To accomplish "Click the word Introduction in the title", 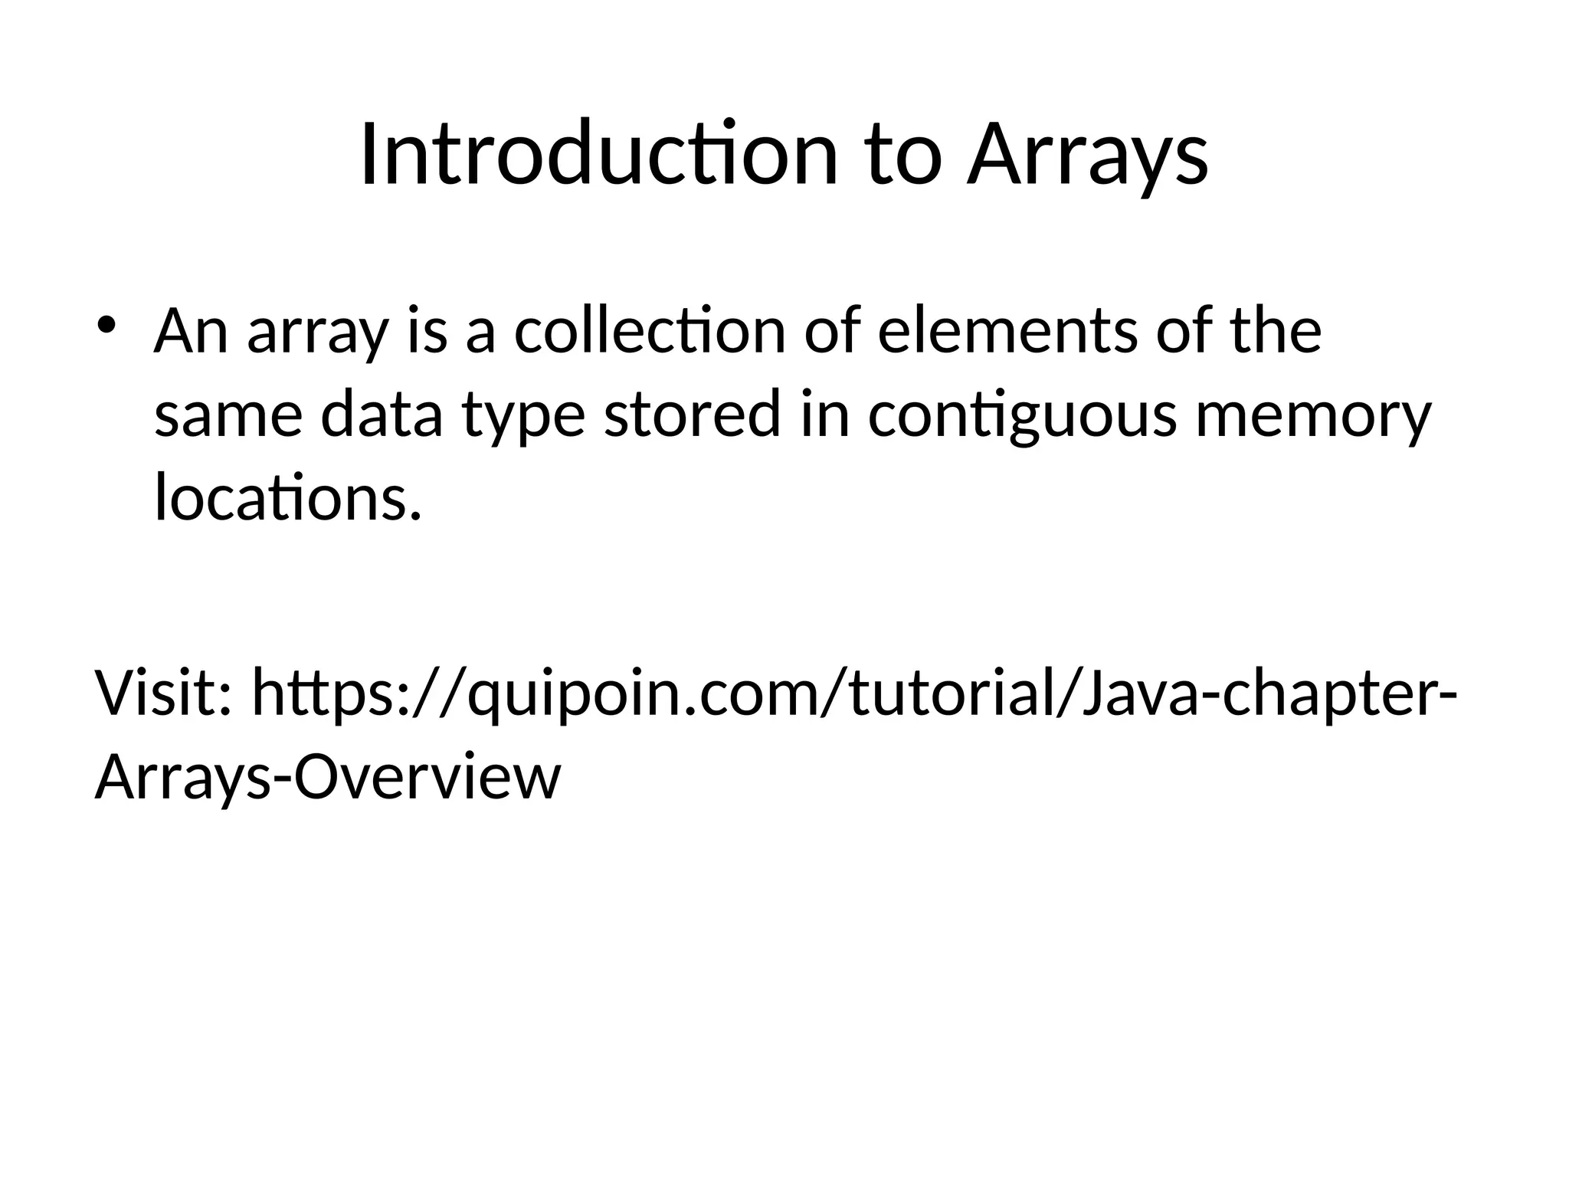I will click(598, 155).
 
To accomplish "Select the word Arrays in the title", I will click(1087, 155).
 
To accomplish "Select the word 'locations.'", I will click(288, 498).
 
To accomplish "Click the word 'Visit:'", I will click(163, 693).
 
